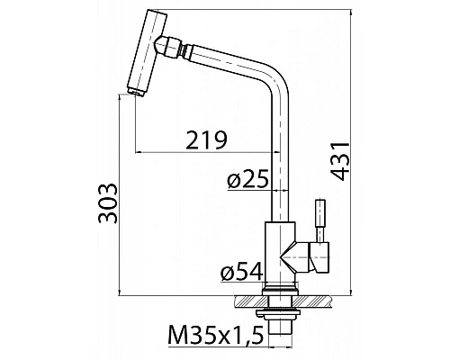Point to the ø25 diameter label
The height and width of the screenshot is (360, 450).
click(248, 180)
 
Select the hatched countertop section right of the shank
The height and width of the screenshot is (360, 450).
click(314, 300)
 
